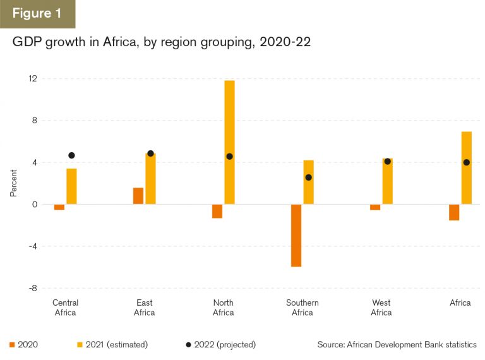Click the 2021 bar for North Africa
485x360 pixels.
tap(229, 142)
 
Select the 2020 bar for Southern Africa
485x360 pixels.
tap(296, 236)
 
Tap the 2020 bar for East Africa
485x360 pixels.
tap(138, 196)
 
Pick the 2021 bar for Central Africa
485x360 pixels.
tap(71, 186)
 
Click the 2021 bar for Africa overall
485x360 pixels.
tap(467, 168)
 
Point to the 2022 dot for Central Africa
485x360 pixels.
tap(71, 155)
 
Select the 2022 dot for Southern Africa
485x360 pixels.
tap(308, 177)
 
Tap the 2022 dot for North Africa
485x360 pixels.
tap(229, 157)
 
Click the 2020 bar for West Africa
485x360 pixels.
tap(375, 207)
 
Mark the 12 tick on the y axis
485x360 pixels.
tap(33, 79)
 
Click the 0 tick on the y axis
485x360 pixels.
tap(35, 205)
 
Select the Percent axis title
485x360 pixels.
tap(13, 183)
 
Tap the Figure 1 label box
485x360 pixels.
tap(37, 14)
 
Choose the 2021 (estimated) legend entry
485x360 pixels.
tap(112, 344)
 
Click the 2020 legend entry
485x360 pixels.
tap(23, 344)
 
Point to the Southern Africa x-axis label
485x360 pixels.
tap(302, 308)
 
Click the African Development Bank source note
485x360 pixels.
tap(397, 344)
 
